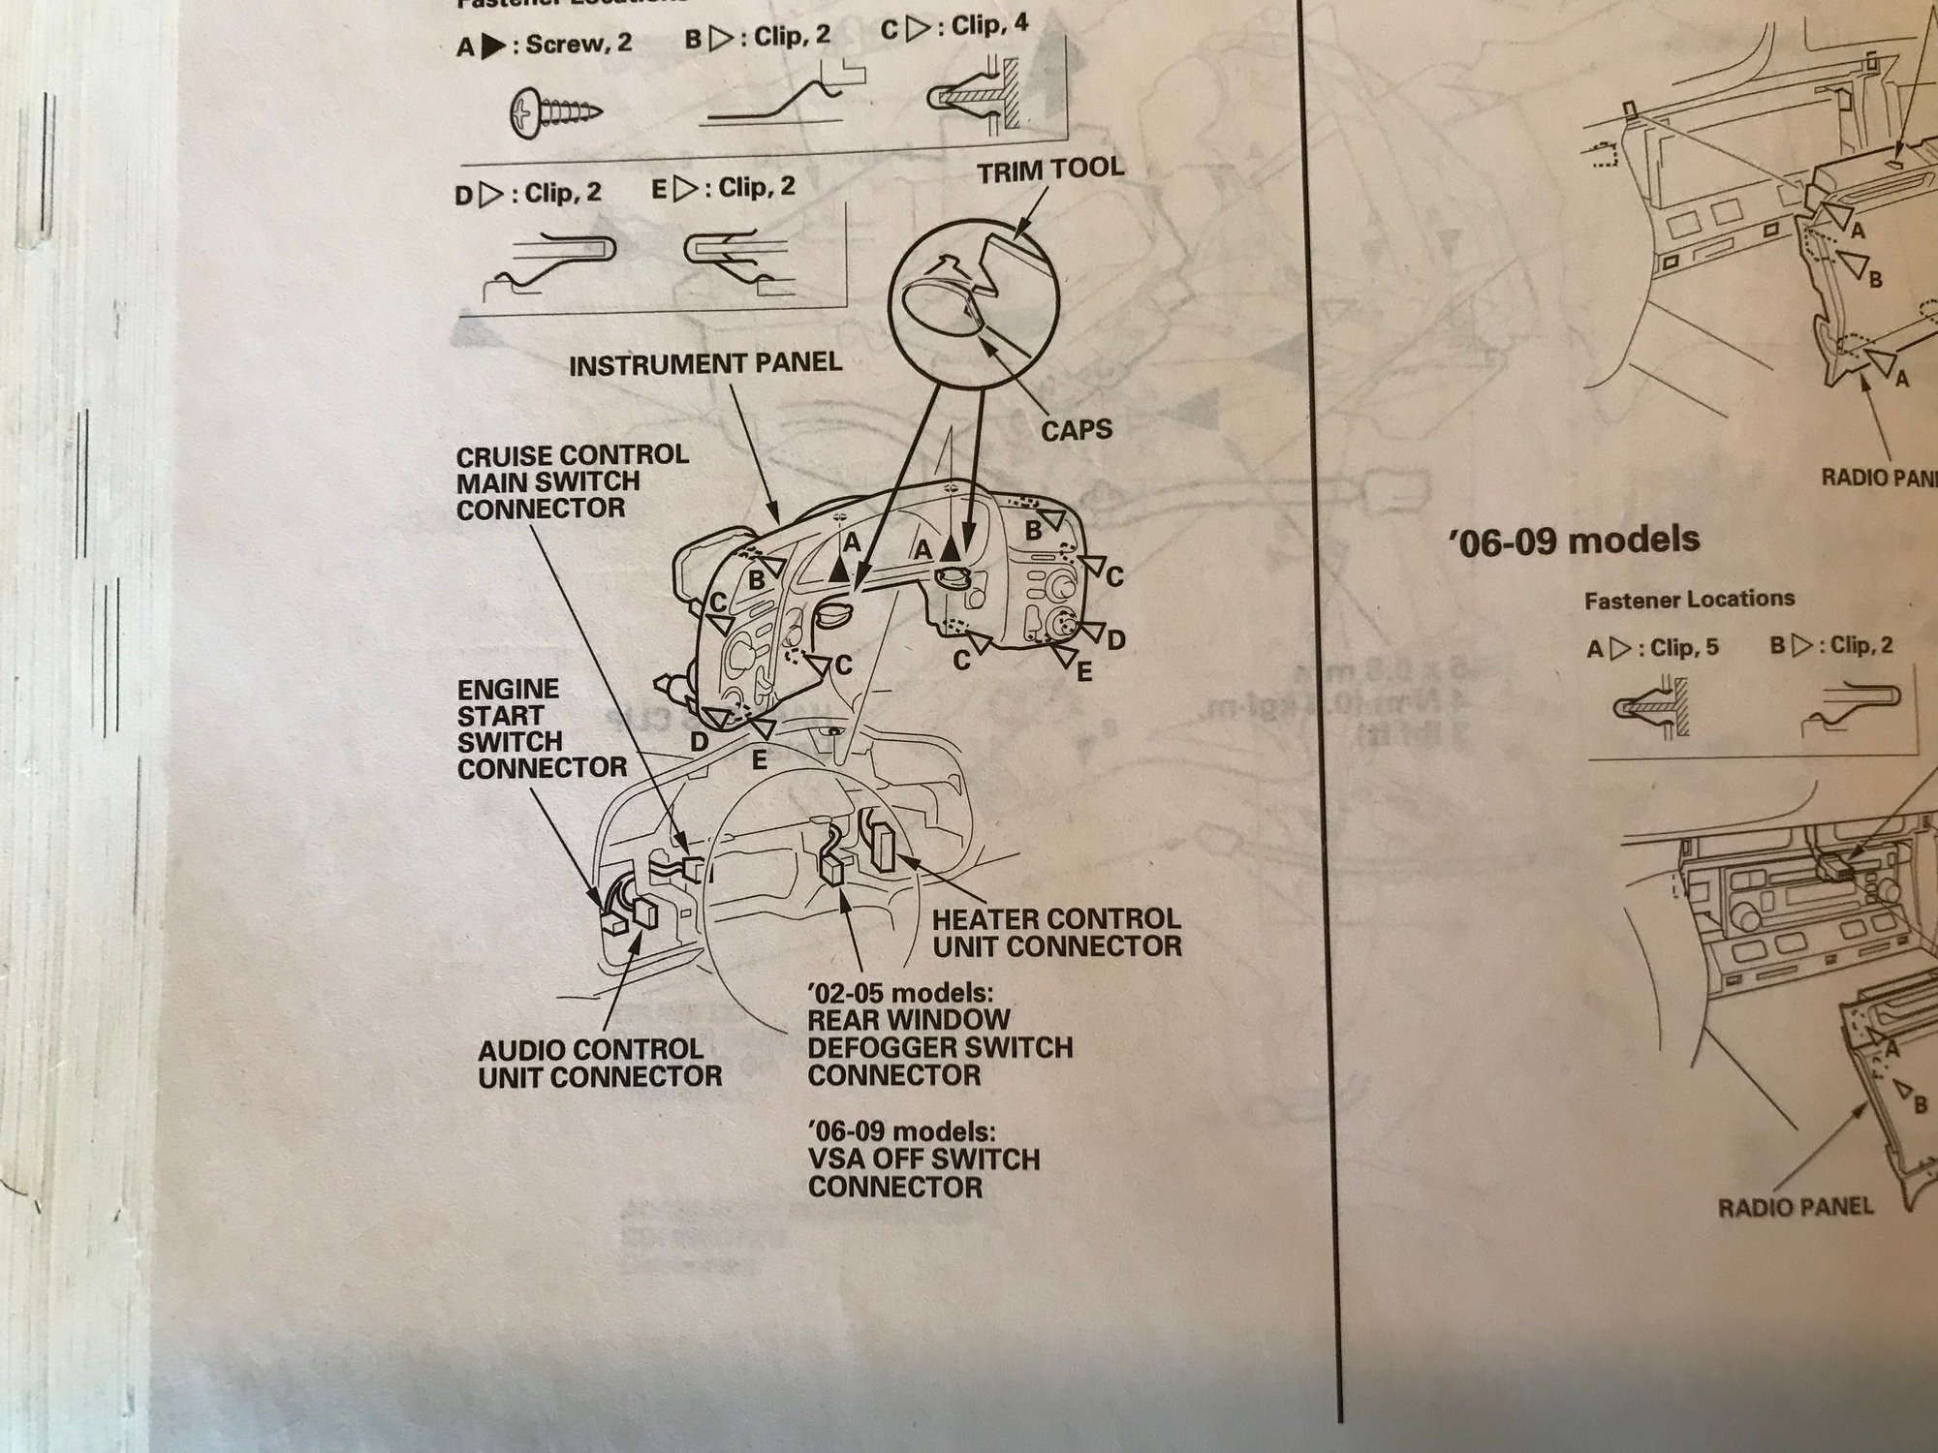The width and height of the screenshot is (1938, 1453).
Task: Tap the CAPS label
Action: click(x=1077, y=430)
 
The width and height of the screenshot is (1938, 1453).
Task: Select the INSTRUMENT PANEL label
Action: click(x=705, y=365)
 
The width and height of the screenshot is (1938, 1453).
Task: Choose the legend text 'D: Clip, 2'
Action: click(x=527, y=193)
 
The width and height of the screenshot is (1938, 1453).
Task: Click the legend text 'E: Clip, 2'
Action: click(x=723, y=187)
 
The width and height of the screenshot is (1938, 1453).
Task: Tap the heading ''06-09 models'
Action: click(x=1574, y=539)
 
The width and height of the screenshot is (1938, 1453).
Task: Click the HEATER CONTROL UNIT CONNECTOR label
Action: click(x=1057, y=932)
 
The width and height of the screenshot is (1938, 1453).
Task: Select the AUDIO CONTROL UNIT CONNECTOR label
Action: click(x=600, y=1062)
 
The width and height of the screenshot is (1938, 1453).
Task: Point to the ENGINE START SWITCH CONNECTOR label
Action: click(x=541, y=728)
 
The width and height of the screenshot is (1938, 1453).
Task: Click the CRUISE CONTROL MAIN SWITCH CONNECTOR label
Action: click(x=573, y=481)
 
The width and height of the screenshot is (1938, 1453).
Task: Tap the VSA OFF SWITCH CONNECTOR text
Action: click(x=922, y=1172)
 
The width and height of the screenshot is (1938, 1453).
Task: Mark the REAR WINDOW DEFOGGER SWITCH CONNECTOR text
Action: click(x=939, y=1047)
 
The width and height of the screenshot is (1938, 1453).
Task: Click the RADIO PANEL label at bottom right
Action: click(x=1795, y=1207)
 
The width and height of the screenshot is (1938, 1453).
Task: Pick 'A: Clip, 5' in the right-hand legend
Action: click(x=1652, y=647)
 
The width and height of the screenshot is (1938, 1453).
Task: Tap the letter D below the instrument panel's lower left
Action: click(x=698, y=742)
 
